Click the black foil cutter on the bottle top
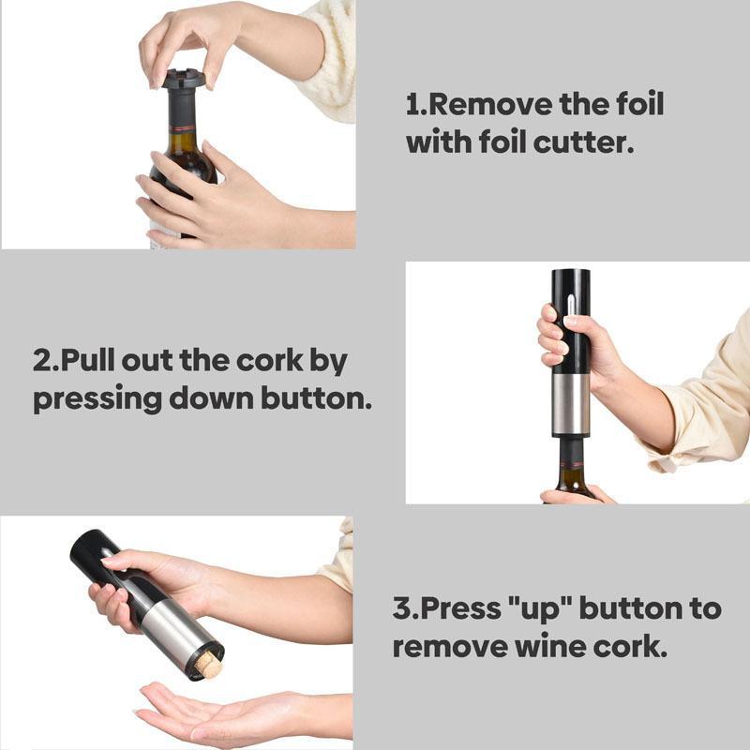pyautogui.click(x=183, y=81)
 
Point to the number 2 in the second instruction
pyautogui.click(x=41, y=361)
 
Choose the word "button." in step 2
pyautogui.click(x=316, y=398)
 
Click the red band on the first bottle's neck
pyautogui.click(x=182, y=128)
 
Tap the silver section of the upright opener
pyautogui.click(x=570, y=405)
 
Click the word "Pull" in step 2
pyautogui.click(x=88, y=361)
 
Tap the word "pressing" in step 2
pyautogui.click(x=97, y=399)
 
